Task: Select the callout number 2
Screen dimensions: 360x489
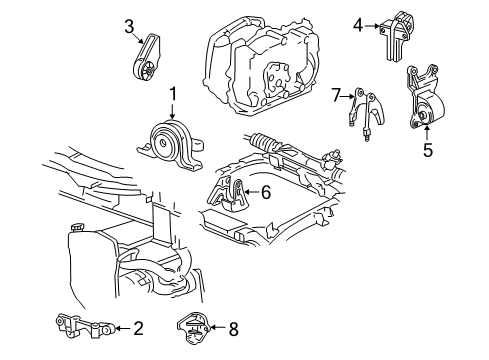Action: click(x=138, y=326)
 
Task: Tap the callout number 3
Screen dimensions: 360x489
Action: click(x=129, y=26)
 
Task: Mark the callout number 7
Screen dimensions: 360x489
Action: click(x=336, y=95)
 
